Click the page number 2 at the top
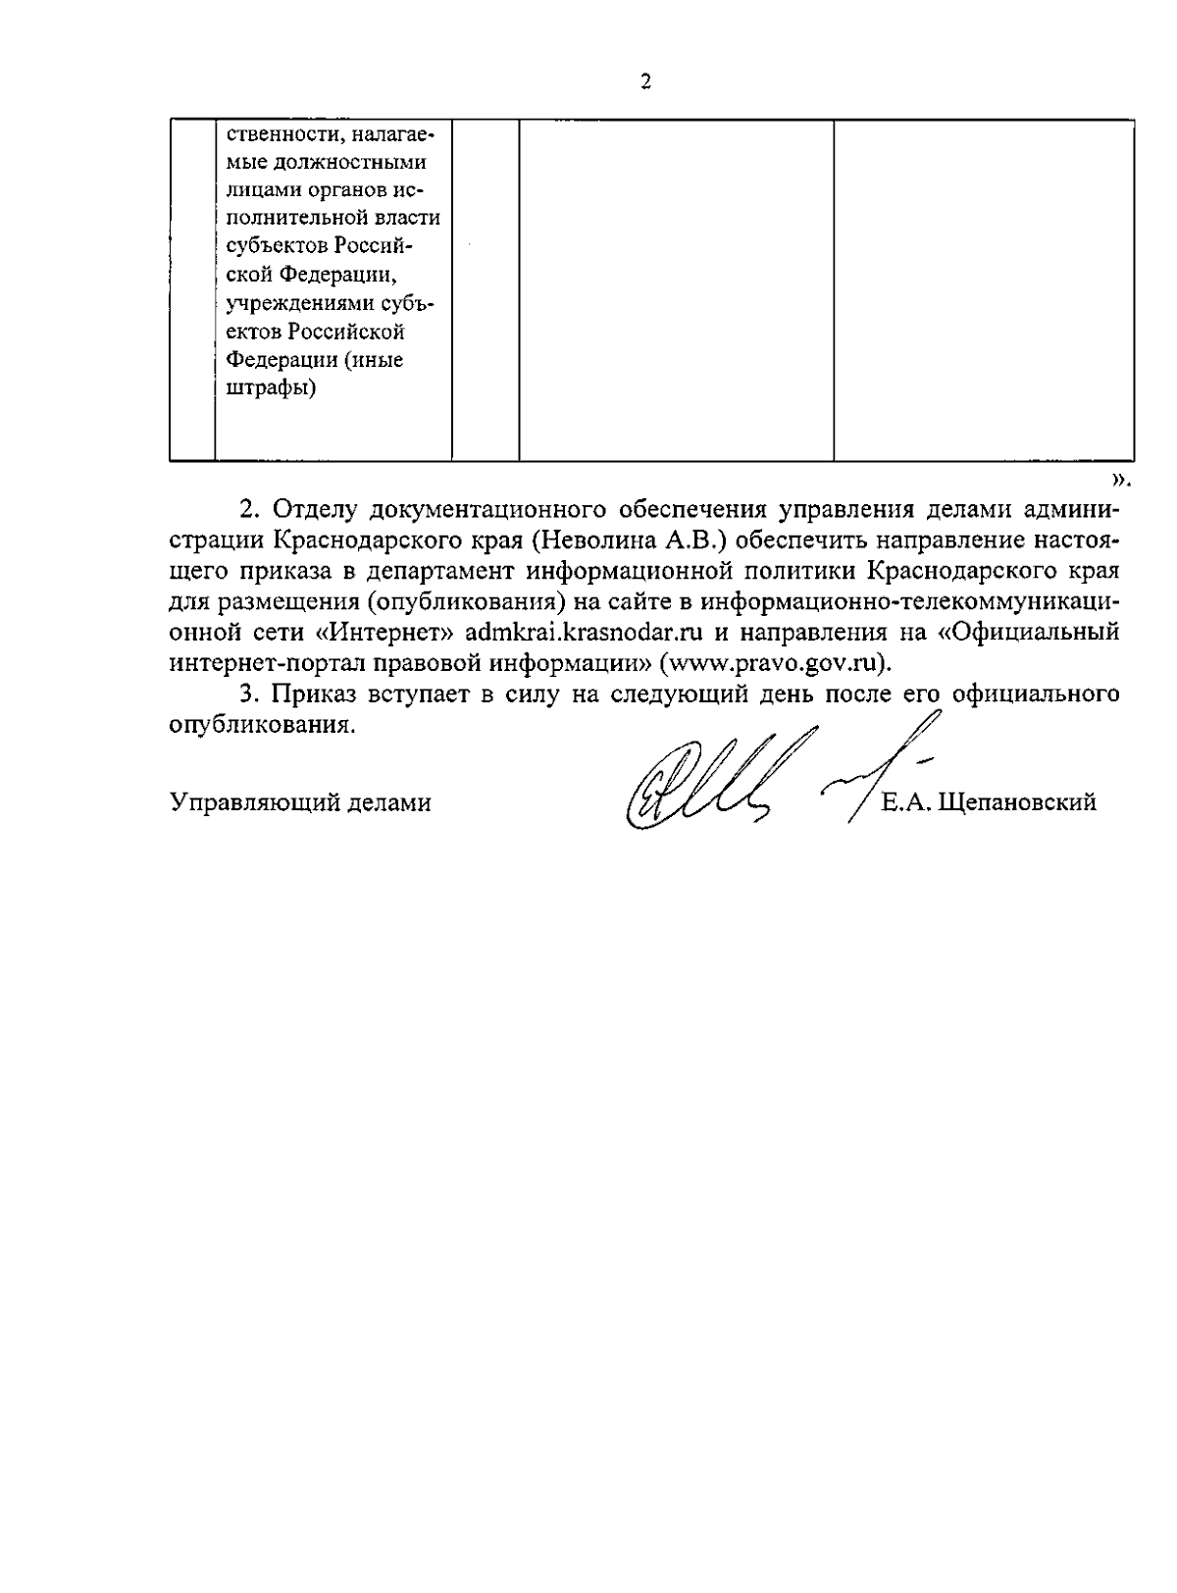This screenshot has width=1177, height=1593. tap(645, 81)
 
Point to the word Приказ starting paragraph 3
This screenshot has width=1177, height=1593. tap(311, 694)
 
